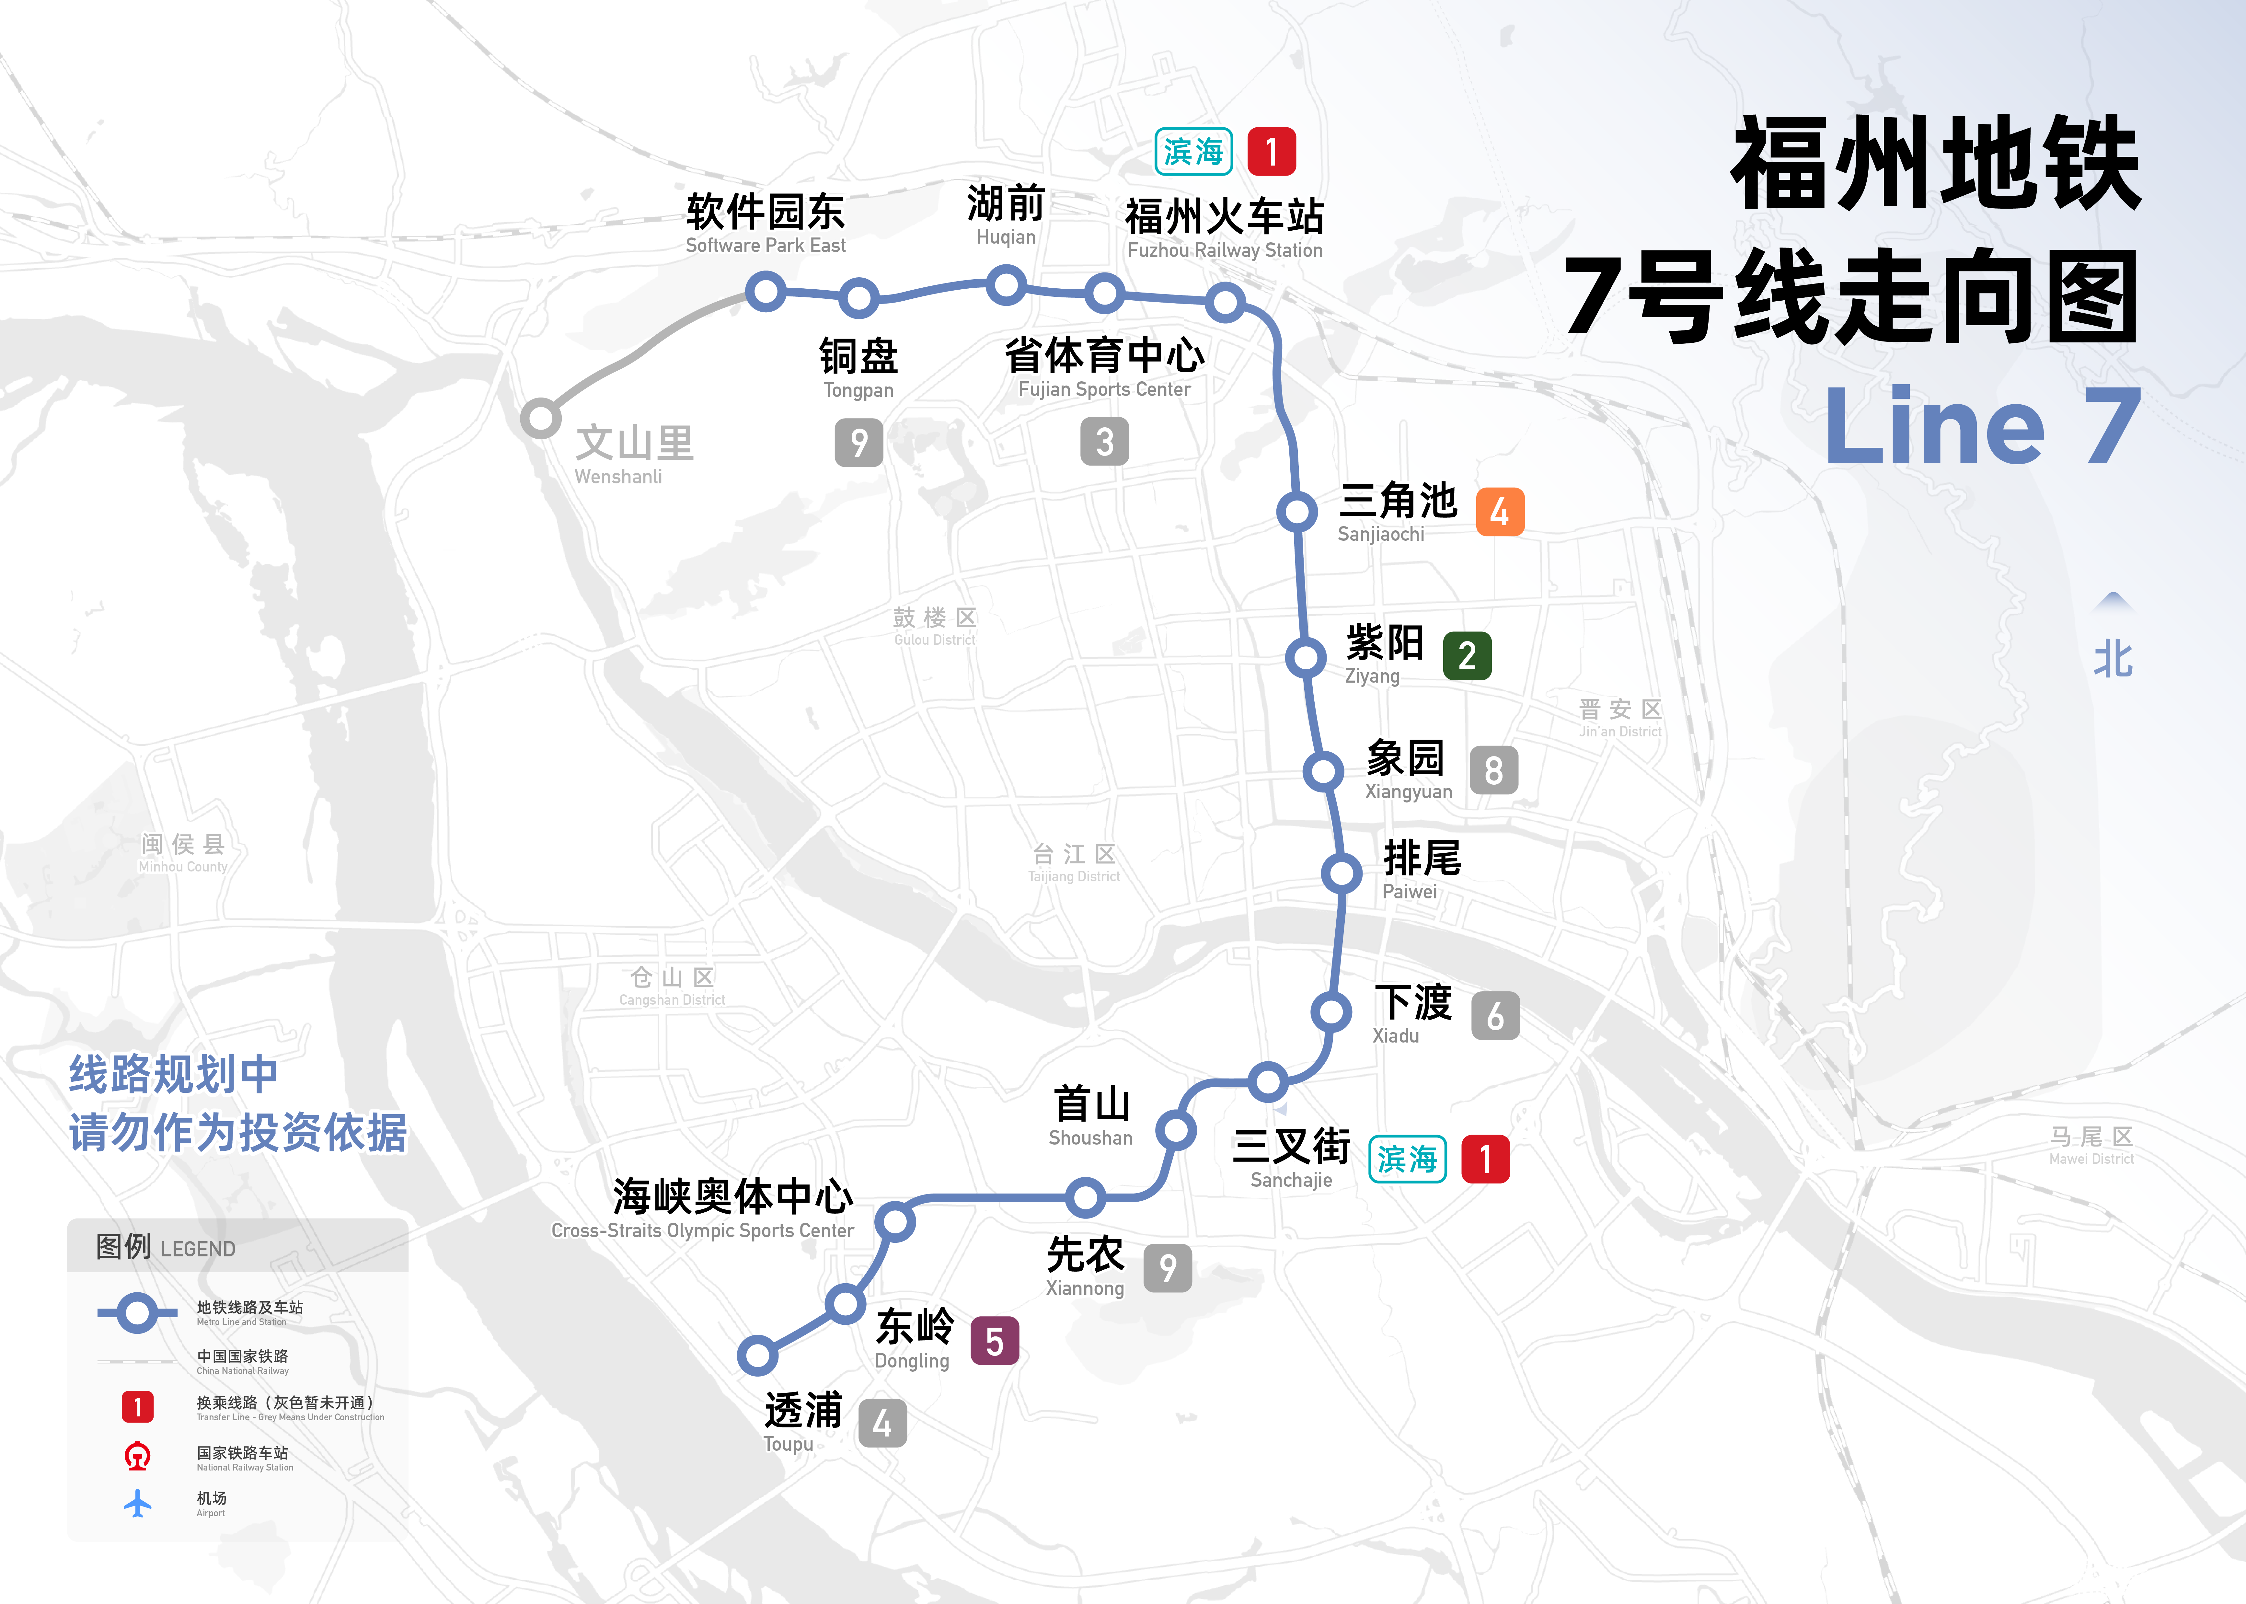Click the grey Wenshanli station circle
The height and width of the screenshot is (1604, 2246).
tap(540, 418)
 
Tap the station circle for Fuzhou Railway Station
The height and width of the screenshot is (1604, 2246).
tap(1225, 302)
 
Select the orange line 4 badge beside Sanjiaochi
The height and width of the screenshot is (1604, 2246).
tap(1499, 512)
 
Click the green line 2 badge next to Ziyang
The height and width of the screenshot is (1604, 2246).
tap(1467, 656)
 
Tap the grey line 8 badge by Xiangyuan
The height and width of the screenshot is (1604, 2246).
tap(1493, 770)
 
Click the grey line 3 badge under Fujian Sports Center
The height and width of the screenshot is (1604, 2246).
tap(1104, 442)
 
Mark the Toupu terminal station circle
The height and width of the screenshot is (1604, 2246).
tap(757, 1355)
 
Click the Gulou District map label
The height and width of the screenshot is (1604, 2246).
tap(934, 626)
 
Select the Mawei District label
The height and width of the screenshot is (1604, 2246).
tap(2091, 1146)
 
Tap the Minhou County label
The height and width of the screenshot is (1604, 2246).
tap(183, 852)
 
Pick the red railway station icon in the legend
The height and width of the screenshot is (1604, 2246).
tap(137, 1456)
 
